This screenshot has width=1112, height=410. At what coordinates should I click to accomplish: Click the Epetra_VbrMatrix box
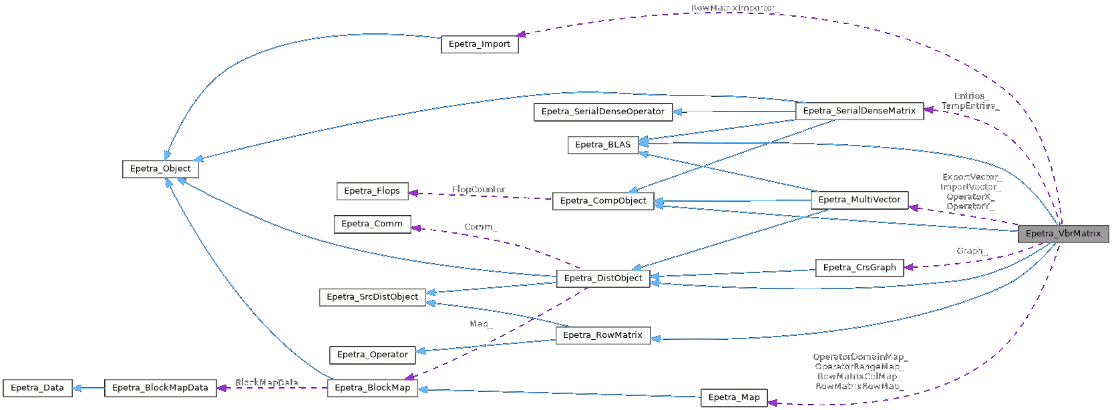tap(1063, 234)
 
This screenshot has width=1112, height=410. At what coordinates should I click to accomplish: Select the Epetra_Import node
tap(480, 44)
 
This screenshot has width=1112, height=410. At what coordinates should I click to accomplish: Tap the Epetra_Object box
tap(160, 169)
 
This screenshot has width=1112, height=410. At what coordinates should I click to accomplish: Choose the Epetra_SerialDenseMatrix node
tap(860, 111)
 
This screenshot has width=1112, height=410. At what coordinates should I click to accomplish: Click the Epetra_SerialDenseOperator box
tap(603, 112)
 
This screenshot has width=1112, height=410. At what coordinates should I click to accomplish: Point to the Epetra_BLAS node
tap(602, 145)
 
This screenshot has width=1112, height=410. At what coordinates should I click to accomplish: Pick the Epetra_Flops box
tap(372, 191)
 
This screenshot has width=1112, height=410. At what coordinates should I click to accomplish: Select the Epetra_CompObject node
tap(603, 201)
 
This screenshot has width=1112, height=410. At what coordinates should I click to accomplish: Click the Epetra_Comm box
tap(372, 224)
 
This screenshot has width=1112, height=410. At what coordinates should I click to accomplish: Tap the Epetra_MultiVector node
tap(860, 200)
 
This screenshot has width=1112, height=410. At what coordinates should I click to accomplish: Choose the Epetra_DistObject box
tap(603, 278)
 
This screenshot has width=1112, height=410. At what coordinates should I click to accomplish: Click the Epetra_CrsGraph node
tap(860, 268)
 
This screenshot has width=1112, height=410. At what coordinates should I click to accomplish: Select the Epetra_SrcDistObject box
tap(372, 297)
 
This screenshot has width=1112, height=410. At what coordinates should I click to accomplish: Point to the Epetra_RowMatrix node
tap(602, 335)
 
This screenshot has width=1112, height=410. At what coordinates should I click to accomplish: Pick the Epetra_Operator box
tap(372, 355)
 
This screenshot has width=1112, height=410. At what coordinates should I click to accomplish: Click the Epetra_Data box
tap(37, 388)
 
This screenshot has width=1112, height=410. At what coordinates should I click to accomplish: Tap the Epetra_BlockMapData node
tap(160, 388)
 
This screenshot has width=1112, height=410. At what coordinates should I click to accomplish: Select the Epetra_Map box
tap(734, 398)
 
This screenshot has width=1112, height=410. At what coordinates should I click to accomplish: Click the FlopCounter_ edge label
tap(480, 190)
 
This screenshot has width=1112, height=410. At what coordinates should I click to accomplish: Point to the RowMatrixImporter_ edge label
tap(734, 8)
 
